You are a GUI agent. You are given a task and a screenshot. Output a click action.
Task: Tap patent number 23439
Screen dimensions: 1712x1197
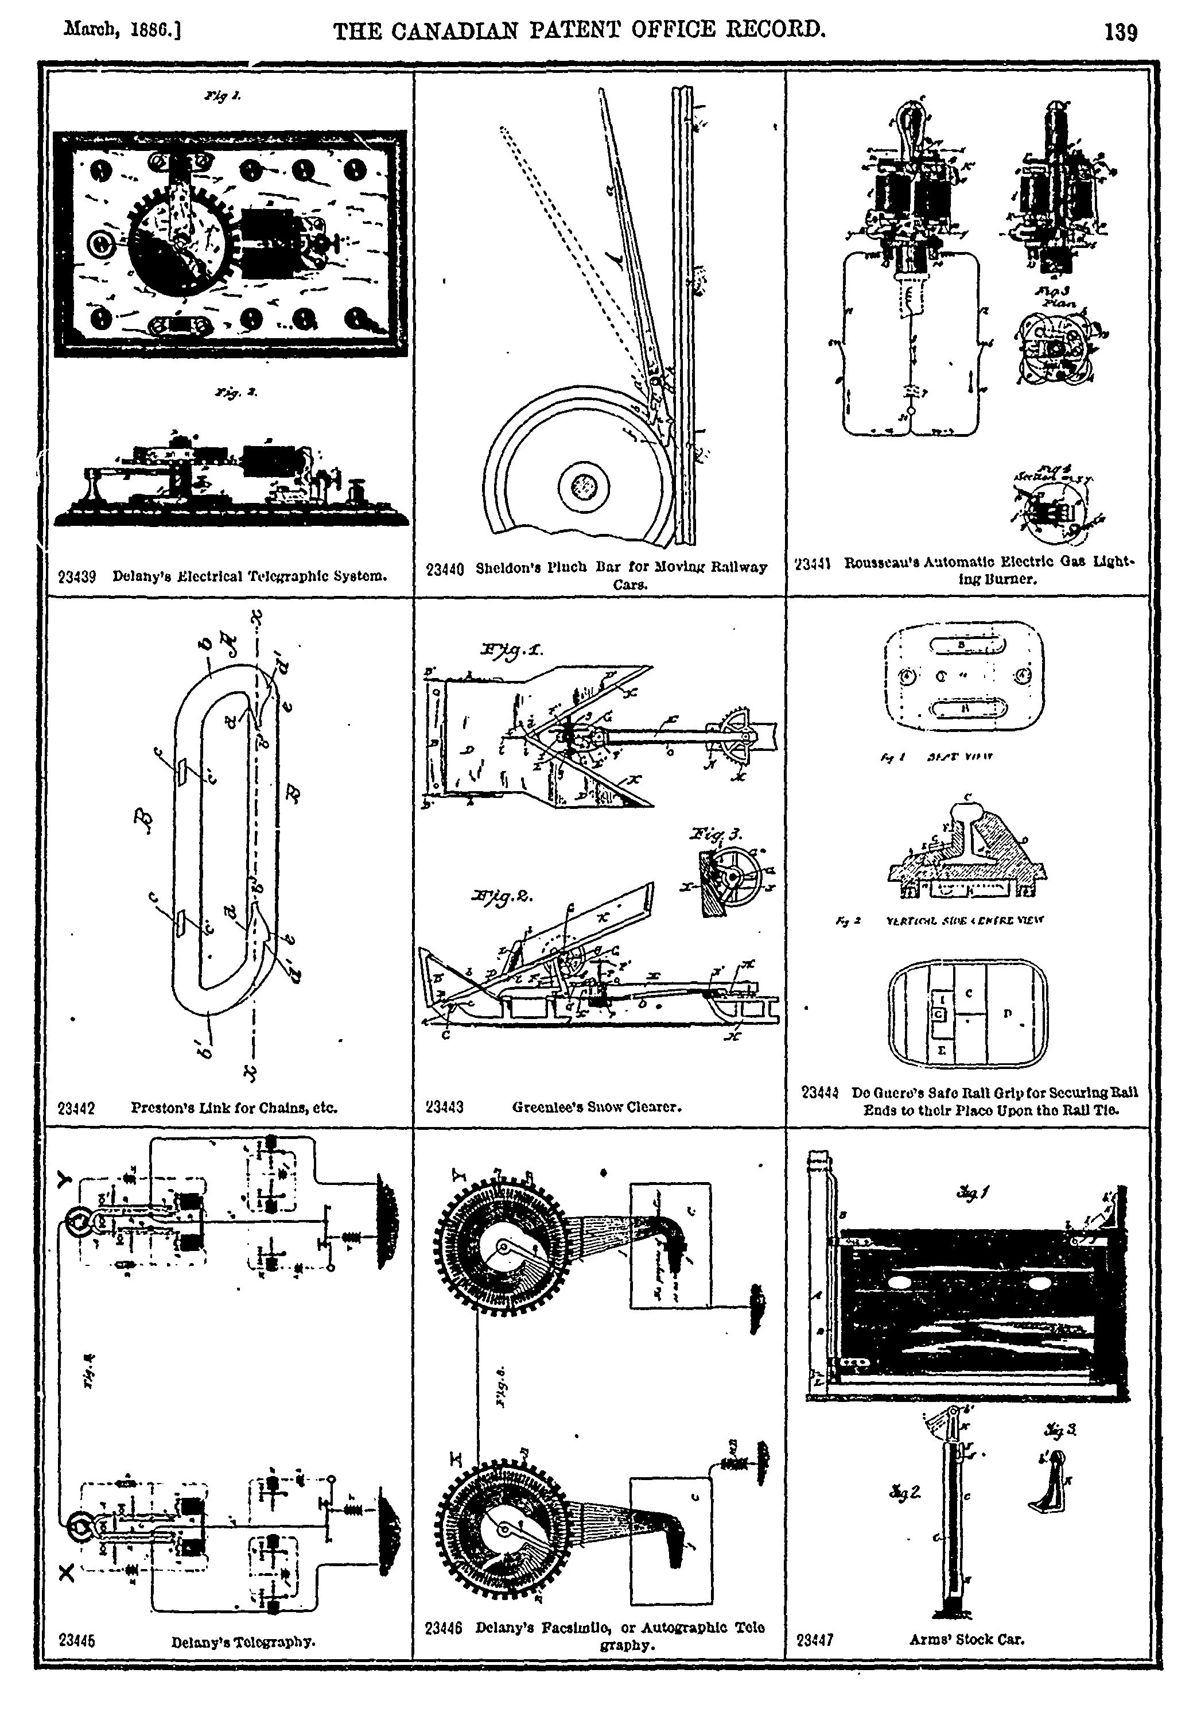[x=77, y=576]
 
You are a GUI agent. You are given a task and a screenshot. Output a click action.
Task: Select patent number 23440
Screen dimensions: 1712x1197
[x=445, y=569]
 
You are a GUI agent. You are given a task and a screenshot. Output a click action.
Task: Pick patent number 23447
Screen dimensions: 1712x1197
[x=815, y=1640]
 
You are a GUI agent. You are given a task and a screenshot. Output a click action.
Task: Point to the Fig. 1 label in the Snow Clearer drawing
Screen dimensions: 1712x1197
[x=512, y=650]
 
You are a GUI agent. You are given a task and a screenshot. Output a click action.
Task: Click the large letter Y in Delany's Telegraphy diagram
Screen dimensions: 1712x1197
[x=65, y=1178]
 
